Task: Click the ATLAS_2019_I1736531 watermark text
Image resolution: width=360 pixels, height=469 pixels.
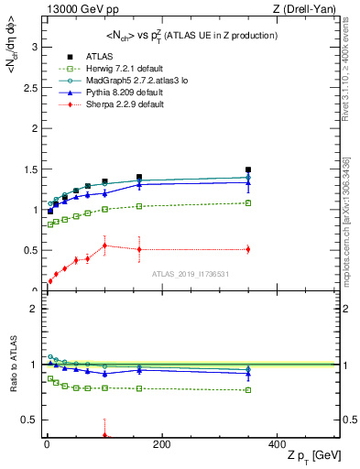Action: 191,274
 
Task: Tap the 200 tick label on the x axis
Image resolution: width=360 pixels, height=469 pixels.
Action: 161,443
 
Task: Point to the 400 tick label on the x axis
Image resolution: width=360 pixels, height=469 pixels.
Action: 277,443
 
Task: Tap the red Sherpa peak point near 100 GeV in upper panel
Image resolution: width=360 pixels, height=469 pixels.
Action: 104,245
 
